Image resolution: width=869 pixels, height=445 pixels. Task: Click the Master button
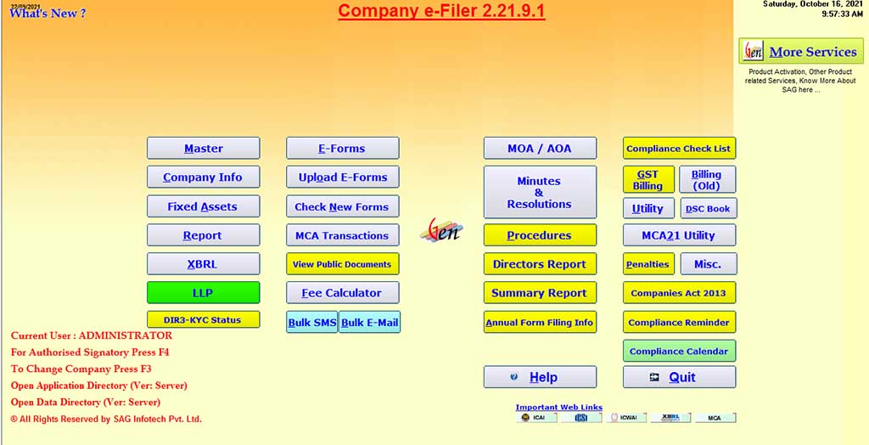[x=203, y=149]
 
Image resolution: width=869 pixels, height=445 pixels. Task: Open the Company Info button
[x=203, y=177]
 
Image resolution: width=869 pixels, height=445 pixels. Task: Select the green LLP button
[x=203, y=293]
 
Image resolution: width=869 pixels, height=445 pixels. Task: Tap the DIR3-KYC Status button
[x=203, y=320]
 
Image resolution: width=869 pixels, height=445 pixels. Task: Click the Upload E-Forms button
[x=342, y=177]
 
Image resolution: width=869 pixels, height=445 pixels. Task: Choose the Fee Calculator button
[x=342, y=293]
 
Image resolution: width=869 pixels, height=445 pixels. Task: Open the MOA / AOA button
[x=540, y=149]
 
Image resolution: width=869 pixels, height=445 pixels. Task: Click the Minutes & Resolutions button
[x=540, y=193]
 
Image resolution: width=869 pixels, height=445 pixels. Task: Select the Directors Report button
[x=540, y=264]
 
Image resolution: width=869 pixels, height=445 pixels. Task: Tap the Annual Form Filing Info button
[x=540, y=323]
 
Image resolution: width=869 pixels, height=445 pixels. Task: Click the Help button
[x=540, y=377]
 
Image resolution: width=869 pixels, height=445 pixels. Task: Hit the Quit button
[x=679, y=377]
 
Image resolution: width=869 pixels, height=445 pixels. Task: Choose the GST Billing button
[x=648, y=179]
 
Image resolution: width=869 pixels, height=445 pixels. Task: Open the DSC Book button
[x=708, y=209]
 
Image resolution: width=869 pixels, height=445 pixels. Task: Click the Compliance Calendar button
[x=679, y=351]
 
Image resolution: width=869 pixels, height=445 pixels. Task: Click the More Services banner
[x=800, y=52]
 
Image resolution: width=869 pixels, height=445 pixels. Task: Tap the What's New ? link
[x=48, y=14]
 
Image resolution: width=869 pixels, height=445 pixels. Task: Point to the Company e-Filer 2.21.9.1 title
[x=441, y=11]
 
